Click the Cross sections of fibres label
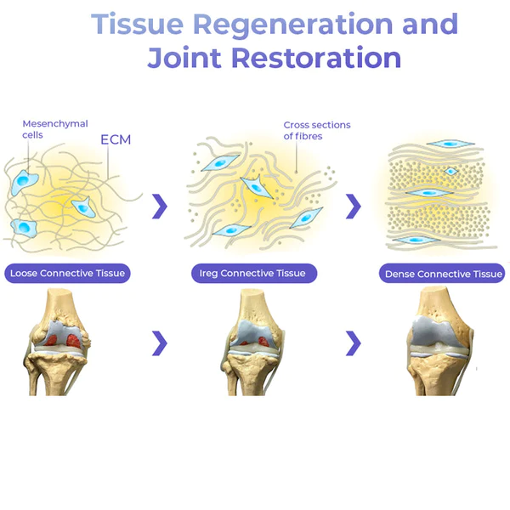click(x=316, y=130)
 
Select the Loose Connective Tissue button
click(x=67, y=274)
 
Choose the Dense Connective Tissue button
click(x=443, y=274)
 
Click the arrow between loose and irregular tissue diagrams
click(x=159, y=206)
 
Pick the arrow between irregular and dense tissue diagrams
click(x=354, y=206)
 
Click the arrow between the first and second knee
click(x=159, y=343)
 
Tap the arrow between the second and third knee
click(x=354, y=343)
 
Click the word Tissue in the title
click(x=128, y=25)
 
